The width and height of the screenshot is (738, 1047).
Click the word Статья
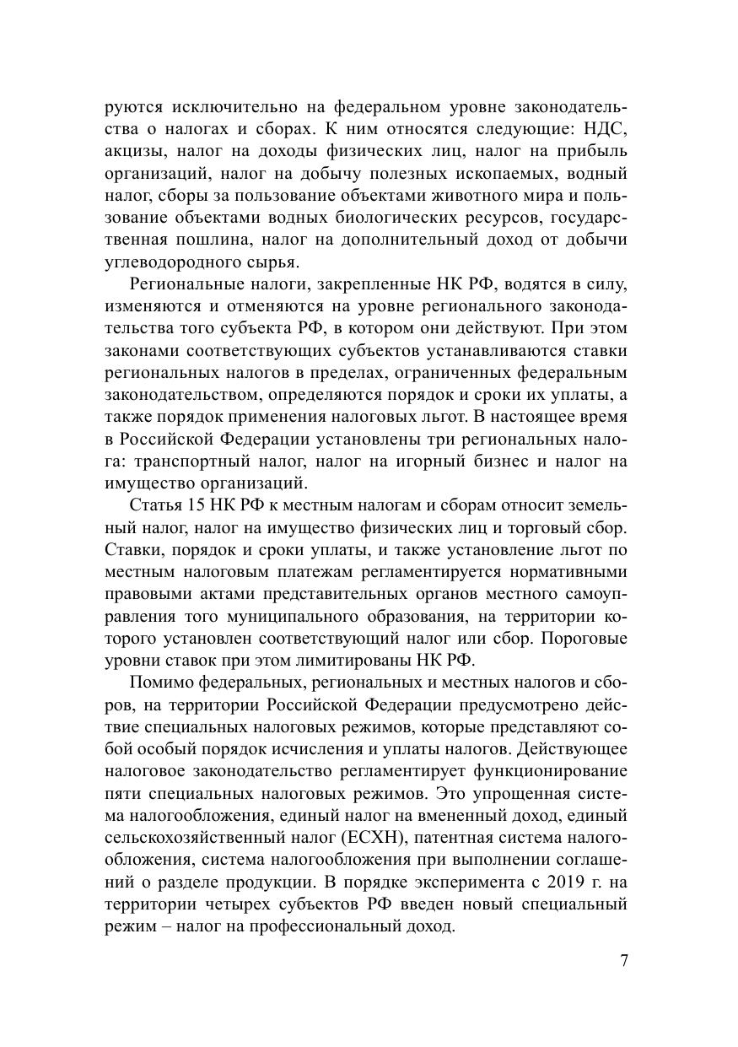pos(157,505)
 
